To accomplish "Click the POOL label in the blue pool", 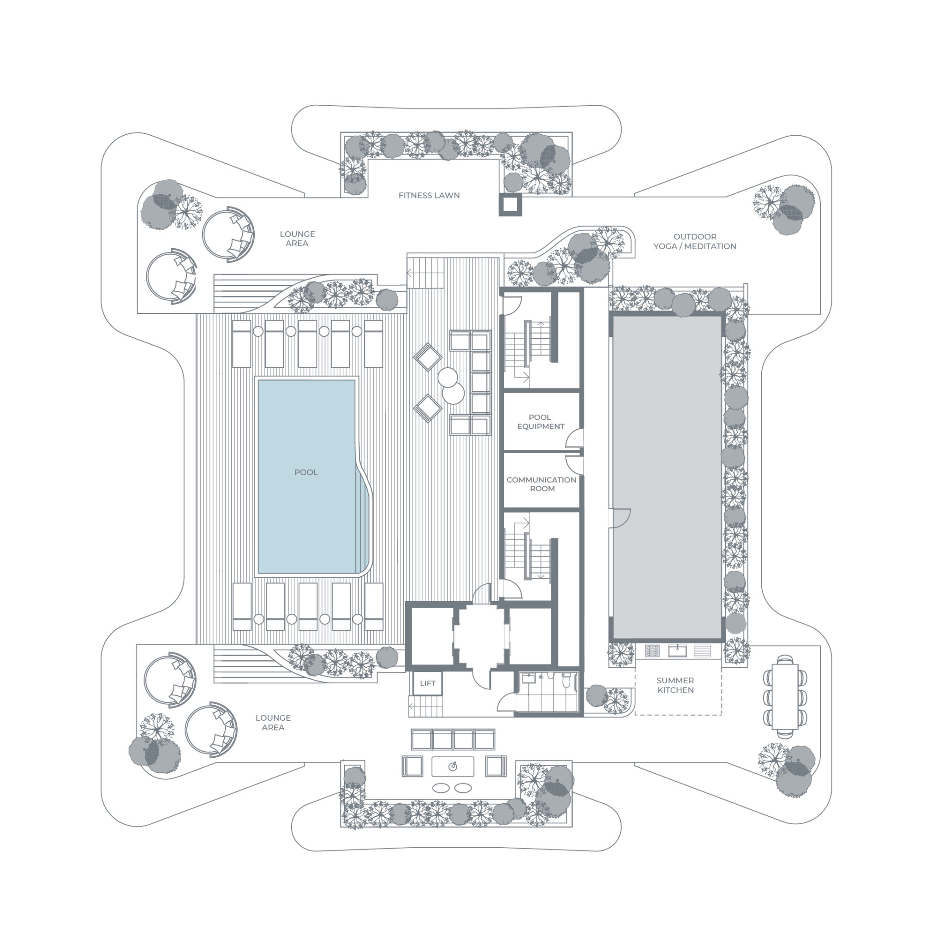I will [x=306, y=472].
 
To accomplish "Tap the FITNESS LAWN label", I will [x=429, y=196].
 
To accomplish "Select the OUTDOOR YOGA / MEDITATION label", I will [x=694, y=241].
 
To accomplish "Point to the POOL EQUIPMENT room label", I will [x=540, y=422].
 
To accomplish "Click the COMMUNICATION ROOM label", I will [x=541, y=484].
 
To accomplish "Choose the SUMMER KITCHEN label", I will [x=675, y=685].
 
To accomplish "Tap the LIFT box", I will [x=428, y=683].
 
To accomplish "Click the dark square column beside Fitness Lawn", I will [x=510, y=205].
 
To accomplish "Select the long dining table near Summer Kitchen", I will [x=784, y=696].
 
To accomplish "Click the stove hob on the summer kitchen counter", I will [x=652, y=651].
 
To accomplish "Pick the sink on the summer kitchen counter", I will [x=677, y=651].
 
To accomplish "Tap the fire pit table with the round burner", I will [x=453, y=766].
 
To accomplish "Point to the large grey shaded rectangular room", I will [x=667, y=477].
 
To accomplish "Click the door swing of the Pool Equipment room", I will [x=574, y=438].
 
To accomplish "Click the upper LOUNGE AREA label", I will [x=297, y=239].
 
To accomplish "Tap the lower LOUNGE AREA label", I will [x=273, y=723].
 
